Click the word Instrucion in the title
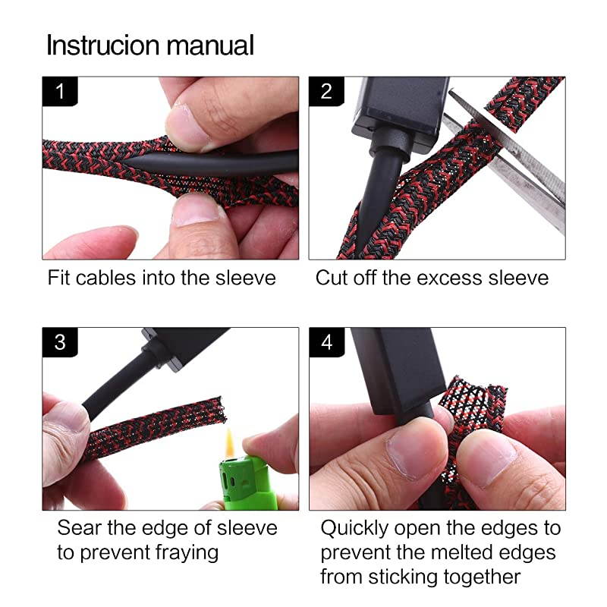point(102,45)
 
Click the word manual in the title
point(210,45)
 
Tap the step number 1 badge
point(60,91)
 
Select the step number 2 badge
point(326,91)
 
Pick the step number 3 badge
point(60,342)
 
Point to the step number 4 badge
point(327,342)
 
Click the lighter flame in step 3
point(230,444)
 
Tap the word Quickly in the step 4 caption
point(354,529)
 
